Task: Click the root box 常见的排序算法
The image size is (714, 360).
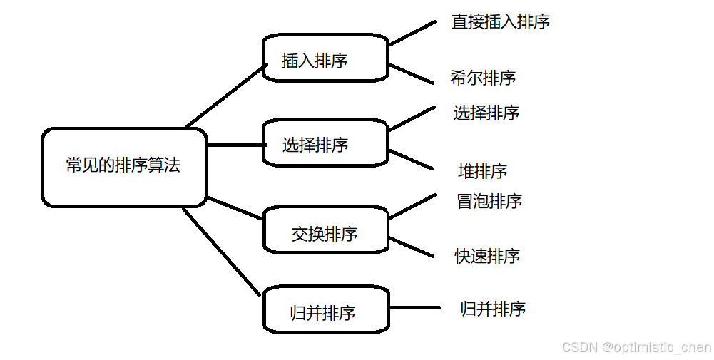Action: (x=124, y=167)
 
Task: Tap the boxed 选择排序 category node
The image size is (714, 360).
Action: (x=325, y=143)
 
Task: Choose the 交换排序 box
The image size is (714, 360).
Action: (x=325, y=231)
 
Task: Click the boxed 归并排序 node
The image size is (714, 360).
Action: (x=325, y=311)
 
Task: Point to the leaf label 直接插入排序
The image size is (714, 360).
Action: (x=501, y=21)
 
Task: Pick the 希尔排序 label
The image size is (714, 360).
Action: (x=483, y=78)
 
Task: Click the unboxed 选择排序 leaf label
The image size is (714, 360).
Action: (x=486, y=113)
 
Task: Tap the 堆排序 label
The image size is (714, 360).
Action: (x=483, y=171)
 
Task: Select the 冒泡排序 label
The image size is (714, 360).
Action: (x=489, y=201)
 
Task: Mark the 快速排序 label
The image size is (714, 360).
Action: (x=488, y=256)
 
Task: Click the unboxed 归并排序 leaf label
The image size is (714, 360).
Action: (x=493, y=309)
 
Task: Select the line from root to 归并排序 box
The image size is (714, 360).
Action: (x=221, y=252)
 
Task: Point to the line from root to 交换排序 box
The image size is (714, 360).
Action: (x=235, y=208)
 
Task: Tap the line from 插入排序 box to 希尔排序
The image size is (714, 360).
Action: (x=412, y=74)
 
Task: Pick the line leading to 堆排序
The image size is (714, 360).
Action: (x=412, y=160)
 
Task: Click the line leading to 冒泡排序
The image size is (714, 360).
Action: (x=412, y=205)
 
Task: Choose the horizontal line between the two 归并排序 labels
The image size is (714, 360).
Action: (x=415, y=309)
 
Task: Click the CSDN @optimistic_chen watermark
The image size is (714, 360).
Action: (x=636, y=347)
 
